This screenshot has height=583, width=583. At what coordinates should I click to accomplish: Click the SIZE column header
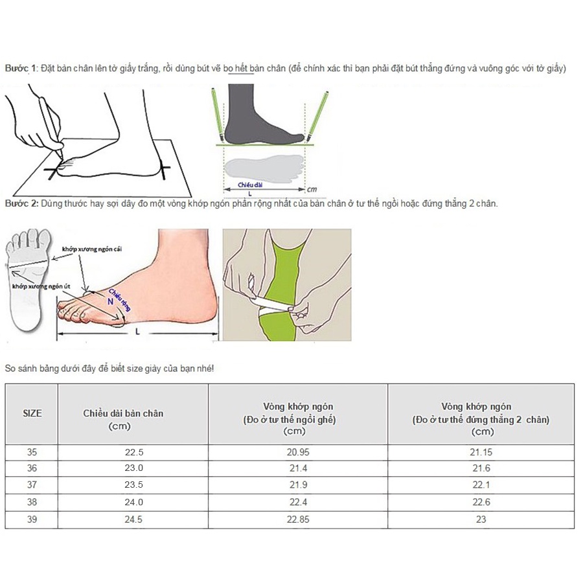(32, 413)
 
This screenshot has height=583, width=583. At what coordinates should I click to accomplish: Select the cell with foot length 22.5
(132, 453)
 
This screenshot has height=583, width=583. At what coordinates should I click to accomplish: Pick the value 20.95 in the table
(298, 453)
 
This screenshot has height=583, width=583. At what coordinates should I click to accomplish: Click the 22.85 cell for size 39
(298, 520)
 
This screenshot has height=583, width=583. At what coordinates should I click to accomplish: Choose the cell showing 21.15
(481, 453)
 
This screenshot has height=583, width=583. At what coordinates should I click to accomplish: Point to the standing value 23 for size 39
(481, 520)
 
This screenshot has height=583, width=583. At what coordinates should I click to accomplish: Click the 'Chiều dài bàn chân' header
(132, 413)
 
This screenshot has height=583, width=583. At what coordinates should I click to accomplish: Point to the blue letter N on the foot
(110, 301)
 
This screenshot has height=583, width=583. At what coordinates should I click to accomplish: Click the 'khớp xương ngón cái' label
(92, 249)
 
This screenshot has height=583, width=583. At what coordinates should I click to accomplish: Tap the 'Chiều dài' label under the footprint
(249, 185)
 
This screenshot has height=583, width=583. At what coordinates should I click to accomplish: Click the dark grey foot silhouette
(259, 117)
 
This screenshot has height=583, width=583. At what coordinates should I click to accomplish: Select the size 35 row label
(32, 453)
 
